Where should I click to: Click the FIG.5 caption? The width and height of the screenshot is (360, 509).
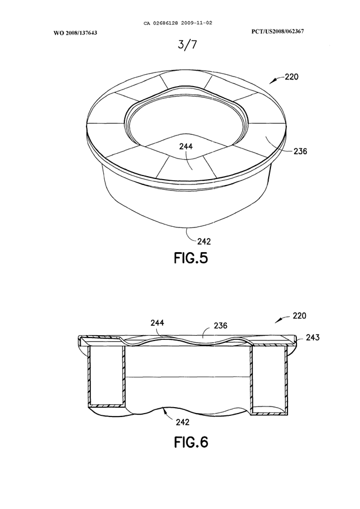(180, 257)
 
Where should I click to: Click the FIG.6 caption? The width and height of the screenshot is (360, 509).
(180, 442)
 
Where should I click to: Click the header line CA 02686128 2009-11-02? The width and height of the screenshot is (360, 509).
(179, 24)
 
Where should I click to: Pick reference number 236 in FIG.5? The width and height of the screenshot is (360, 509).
(299, 151)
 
